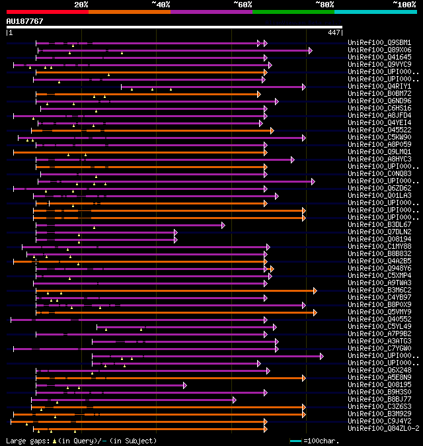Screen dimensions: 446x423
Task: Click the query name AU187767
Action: pyautogui.click(x=24, y=21)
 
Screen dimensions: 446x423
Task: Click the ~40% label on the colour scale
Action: pyautogui.click(x=161, y=5)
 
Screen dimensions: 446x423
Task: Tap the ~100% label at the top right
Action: pyautogui.click(x=404, y=5)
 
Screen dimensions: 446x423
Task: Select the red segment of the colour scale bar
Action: pyautogui.click(x=47, y=11)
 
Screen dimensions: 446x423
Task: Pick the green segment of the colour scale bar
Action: pyautogui.click(x=293, y=11)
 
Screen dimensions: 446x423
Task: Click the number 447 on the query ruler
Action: pyautogui.click(x=334, y=32)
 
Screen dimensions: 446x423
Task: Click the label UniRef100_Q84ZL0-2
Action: pyautogui.click(x=383, y=429)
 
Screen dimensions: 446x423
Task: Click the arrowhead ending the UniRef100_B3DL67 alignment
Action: pyautogui.click(x=223, y=225)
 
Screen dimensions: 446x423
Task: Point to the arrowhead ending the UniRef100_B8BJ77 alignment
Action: pyautogui.click(x=234, y=400)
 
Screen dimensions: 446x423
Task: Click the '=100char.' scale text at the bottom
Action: pyautogui.click(x=324, y=441)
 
